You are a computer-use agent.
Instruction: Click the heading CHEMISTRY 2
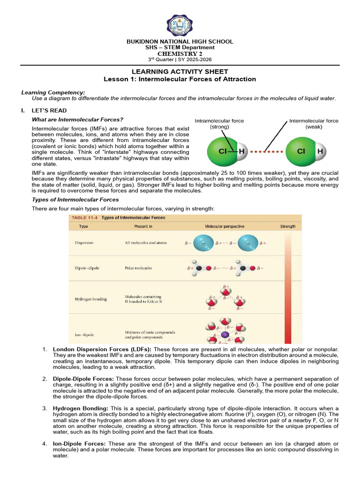coord(180,53)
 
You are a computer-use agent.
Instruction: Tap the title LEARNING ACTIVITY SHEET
coord(180,72)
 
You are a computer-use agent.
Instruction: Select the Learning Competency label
coord(53,92)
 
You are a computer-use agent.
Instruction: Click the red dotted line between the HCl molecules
coord(266,152)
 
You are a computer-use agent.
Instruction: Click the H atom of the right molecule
coord(320,151)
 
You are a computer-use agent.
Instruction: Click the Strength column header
coord(288,226)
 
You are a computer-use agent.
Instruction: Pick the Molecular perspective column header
coord(225,226)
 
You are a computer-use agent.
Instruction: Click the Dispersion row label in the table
coord(84,243)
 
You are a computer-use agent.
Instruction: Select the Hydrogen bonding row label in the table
coord(90,299)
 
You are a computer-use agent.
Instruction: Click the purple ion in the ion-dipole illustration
coord(225,335)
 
